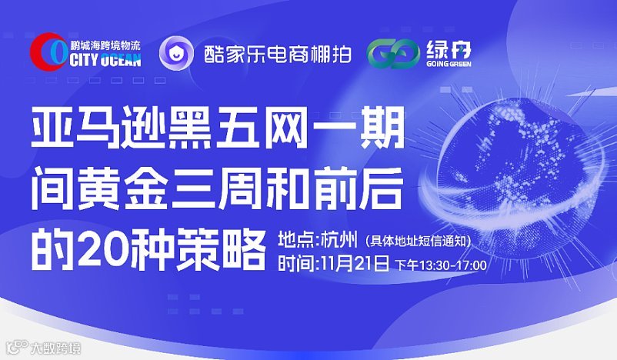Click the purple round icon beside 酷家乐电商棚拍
pos(176,53)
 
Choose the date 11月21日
pos(354,264)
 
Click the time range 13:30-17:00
pos(454,265)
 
